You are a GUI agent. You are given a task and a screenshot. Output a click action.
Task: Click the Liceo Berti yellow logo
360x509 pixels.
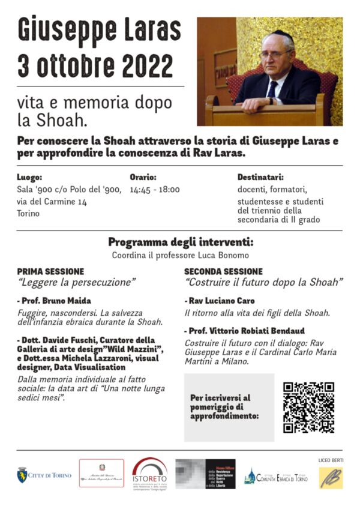pyautogui.click(x=331, y=477)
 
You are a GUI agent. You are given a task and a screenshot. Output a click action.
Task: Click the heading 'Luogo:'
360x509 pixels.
pyautogui.click(x=29, y=178)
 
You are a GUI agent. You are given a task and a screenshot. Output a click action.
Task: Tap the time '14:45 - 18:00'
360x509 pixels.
pyautogui.click(x=154, y=190)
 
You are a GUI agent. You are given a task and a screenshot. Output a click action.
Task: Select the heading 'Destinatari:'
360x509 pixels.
pyautogui.click(x=260, y=178)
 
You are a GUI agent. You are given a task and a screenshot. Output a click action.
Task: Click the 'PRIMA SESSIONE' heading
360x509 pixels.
pyautogui.click(x=50, y=271)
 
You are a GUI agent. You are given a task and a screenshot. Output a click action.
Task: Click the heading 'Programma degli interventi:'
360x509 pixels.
pyautogui.click(x=181, y=242)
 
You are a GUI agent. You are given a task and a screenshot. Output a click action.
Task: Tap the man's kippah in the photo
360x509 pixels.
pyautogui.click(x=279, y=34)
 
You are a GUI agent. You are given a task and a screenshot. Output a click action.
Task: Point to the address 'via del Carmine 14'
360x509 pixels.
pyautogui.click(x=52, y=202)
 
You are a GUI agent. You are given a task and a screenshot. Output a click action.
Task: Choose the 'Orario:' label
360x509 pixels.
pyautogui.click(x=143, y=178)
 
